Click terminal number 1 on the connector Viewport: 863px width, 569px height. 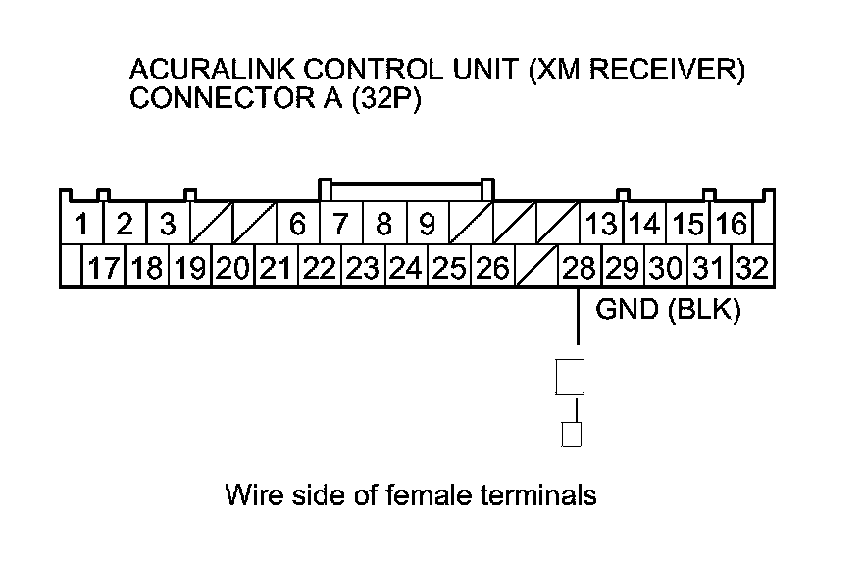coord(82,225)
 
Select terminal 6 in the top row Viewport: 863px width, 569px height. coord(298,225)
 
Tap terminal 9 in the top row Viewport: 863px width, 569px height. coord(428,225)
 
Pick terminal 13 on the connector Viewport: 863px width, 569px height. coord(600,225)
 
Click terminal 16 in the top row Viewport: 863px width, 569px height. coord(731,225)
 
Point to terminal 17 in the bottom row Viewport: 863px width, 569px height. coord(104,267)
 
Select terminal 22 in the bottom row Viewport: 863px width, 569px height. coord(320,267)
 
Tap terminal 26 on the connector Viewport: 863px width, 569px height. coord(492,267)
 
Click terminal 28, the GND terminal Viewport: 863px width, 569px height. coord(578,267)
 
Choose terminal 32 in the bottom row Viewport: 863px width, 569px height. coord(752,267)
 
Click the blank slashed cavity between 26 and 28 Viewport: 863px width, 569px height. coord(534,267)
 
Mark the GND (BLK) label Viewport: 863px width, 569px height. coord(668,311)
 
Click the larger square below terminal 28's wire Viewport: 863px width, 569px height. coord(570,377)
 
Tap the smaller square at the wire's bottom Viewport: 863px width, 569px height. coord(571,435)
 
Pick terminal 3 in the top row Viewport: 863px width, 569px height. coord(168,225)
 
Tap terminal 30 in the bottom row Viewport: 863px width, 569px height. coord(666,267)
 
